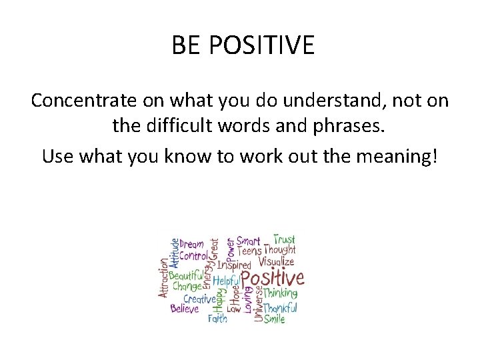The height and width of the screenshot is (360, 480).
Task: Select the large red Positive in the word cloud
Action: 272,277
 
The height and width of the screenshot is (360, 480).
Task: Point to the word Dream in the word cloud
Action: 192,245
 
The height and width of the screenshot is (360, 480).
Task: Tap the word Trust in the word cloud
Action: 284,239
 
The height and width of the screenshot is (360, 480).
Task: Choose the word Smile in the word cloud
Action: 274,319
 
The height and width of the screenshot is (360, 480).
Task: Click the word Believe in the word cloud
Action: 185,309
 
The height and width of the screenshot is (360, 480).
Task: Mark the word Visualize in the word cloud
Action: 276,262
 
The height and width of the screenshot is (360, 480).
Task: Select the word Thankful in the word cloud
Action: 279,308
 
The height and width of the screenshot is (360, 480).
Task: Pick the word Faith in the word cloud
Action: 217,319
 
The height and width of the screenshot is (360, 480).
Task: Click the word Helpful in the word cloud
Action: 225,281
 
